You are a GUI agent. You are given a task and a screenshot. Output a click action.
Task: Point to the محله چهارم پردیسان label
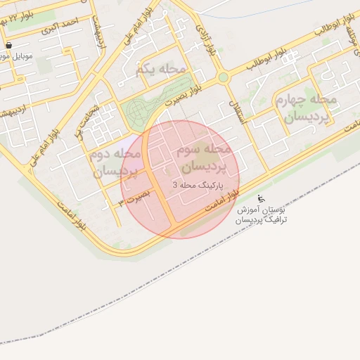point(311,108)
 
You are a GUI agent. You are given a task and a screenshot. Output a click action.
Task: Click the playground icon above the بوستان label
point(262,198)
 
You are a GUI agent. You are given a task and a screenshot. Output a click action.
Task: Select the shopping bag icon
point(8,44)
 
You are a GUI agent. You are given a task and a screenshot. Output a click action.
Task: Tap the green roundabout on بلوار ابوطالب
point(224,77)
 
